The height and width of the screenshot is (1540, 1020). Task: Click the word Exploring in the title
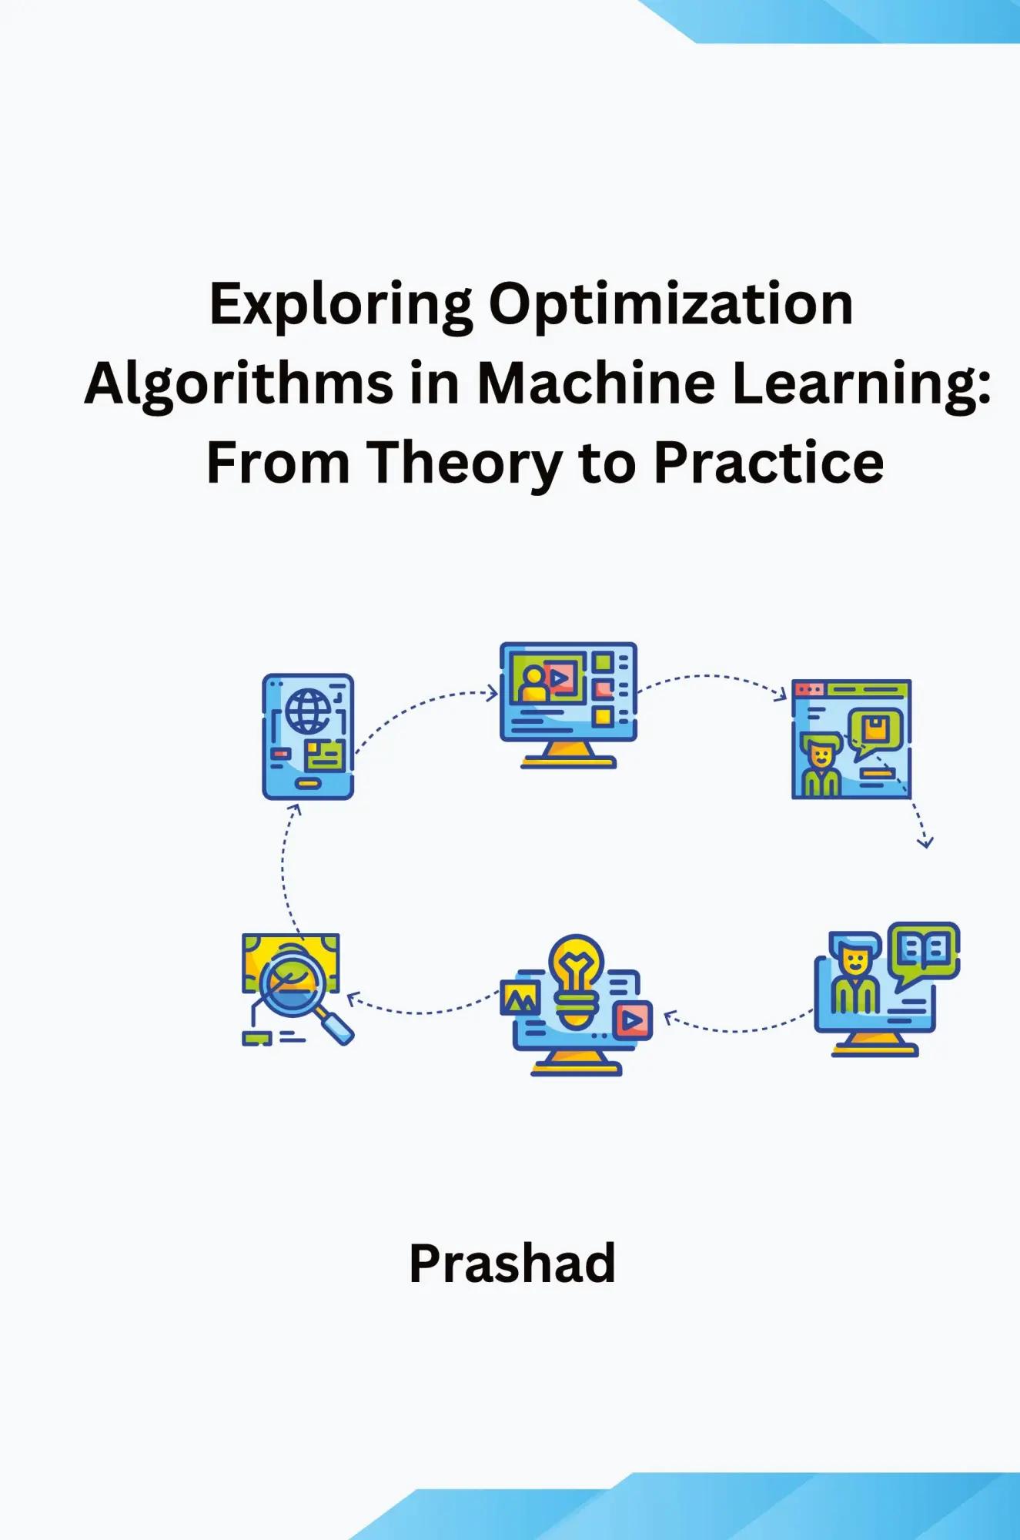[x=340, y=306]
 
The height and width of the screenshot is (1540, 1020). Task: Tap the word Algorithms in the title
[x=239, y=384]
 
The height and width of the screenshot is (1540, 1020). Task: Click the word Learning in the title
[x=861, y=384]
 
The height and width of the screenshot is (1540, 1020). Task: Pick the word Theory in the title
[x=463, y=464]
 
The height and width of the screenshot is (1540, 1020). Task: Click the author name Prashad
[x=512, y=1264]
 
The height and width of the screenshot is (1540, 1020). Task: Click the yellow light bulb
[x=576, y=978]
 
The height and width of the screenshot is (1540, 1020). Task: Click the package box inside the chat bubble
[x=875, y=728]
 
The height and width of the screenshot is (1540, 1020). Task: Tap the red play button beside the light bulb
[x=632, y=1020]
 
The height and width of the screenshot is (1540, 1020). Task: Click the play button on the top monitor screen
[x=560, y=678]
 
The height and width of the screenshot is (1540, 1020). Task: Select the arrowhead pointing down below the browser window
[x=925, y=842]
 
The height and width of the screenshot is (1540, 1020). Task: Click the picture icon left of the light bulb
[x=520, y=998]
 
